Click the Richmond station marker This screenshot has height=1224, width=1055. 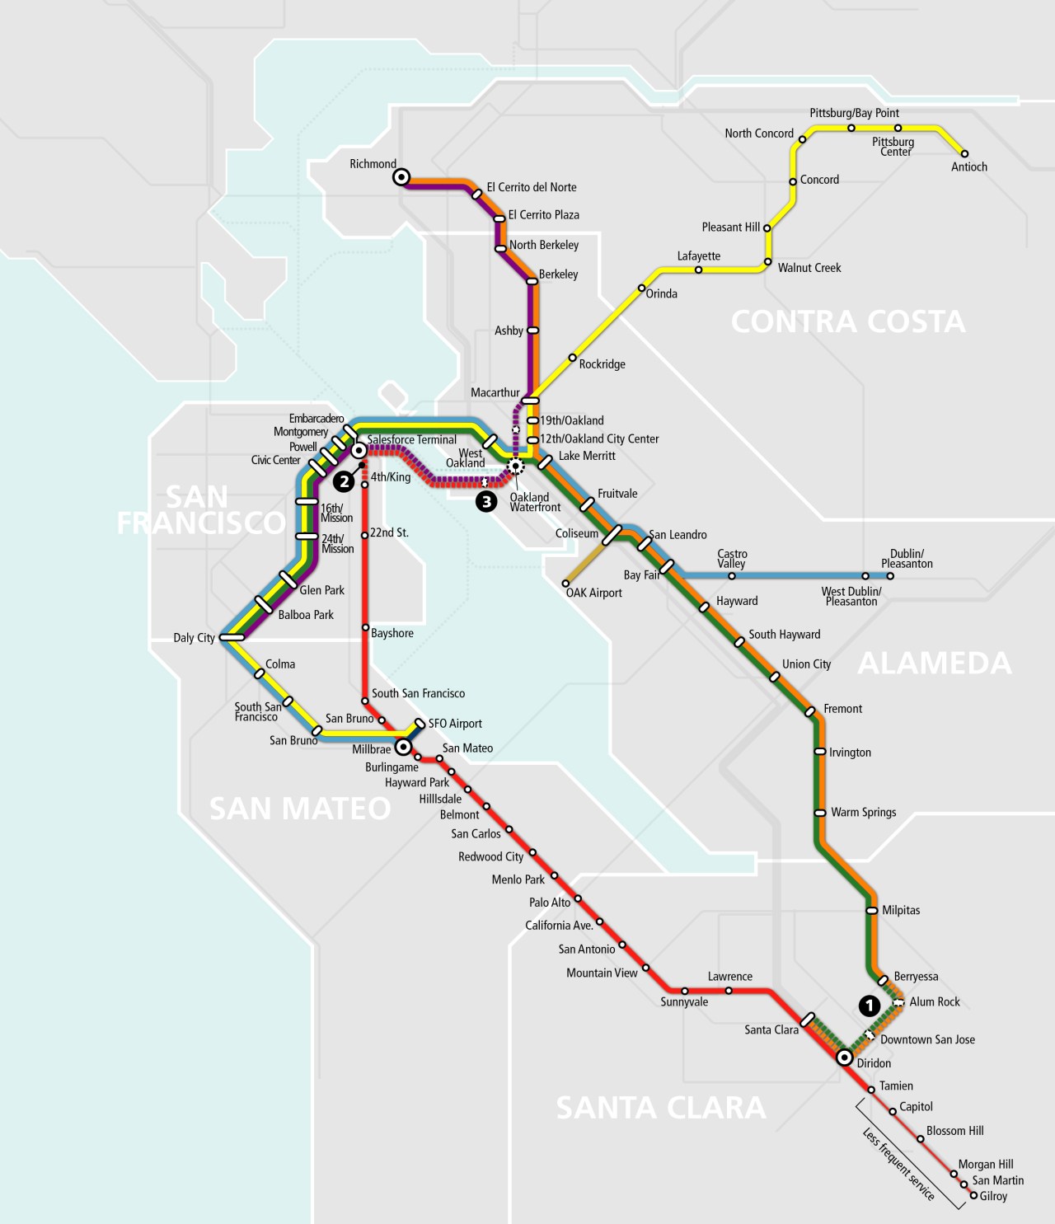pos(401,176)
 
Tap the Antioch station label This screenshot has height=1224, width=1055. pos(968,166)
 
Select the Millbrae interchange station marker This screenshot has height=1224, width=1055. pos(403,748)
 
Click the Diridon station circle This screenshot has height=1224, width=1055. pos(844,1058)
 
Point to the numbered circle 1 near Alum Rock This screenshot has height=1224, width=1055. pos(869,1005)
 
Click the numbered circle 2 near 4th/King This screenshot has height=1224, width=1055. pos(344,482)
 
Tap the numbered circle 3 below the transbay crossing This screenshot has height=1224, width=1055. pos(486,501)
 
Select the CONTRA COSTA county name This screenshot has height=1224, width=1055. pos(847,321)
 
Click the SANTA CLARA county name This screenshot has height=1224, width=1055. pos(661,1107)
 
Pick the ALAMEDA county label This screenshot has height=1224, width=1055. pos(934,663)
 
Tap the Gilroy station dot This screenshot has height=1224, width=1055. pos(973,1195)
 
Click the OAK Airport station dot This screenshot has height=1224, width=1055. pos(565,584)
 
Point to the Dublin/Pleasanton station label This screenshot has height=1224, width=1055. pos(907,559)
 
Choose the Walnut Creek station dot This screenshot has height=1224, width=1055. pos(767,263)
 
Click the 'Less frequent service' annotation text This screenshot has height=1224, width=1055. pos(898,1164)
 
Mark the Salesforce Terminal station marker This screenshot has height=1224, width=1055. pos(359,451)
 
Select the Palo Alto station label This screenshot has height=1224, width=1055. pos(550,903)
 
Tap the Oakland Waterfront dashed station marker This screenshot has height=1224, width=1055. pos(516,466)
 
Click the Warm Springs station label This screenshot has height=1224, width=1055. pos(863,812)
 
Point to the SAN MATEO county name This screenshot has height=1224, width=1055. pos(300,808)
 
